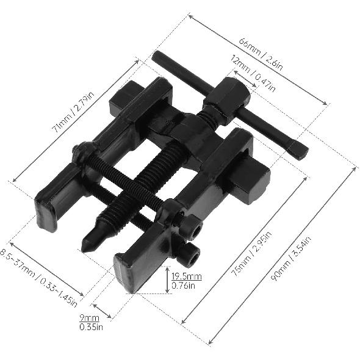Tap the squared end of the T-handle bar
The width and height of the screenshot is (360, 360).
(298, 150)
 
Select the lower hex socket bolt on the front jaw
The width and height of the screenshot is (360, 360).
(191, 256)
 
